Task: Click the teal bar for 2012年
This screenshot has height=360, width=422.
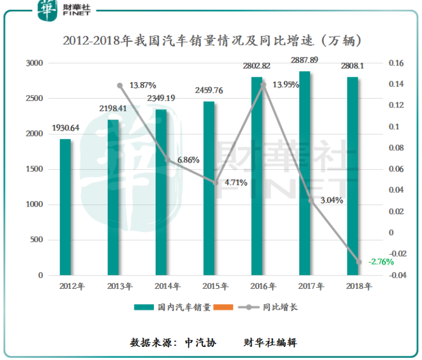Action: coord(65,207)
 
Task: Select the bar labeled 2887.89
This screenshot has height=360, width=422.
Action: coord(305,173)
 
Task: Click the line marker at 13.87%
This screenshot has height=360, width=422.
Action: coord(120,85)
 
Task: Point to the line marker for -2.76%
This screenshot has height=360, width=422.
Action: coord(359,262)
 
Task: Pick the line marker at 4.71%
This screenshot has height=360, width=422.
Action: coord(216,182)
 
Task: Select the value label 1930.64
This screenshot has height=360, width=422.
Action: coord(66,128)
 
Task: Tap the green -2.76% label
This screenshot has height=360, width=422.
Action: coord(381,262)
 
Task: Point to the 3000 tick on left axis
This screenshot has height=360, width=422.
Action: coord(35,64)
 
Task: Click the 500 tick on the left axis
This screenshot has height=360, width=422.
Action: coord(37,240)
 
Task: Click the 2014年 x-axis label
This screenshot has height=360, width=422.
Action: coord(168,286)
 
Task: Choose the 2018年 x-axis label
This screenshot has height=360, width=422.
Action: coord(360,286)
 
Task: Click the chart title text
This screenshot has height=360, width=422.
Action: coord(212,41)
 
